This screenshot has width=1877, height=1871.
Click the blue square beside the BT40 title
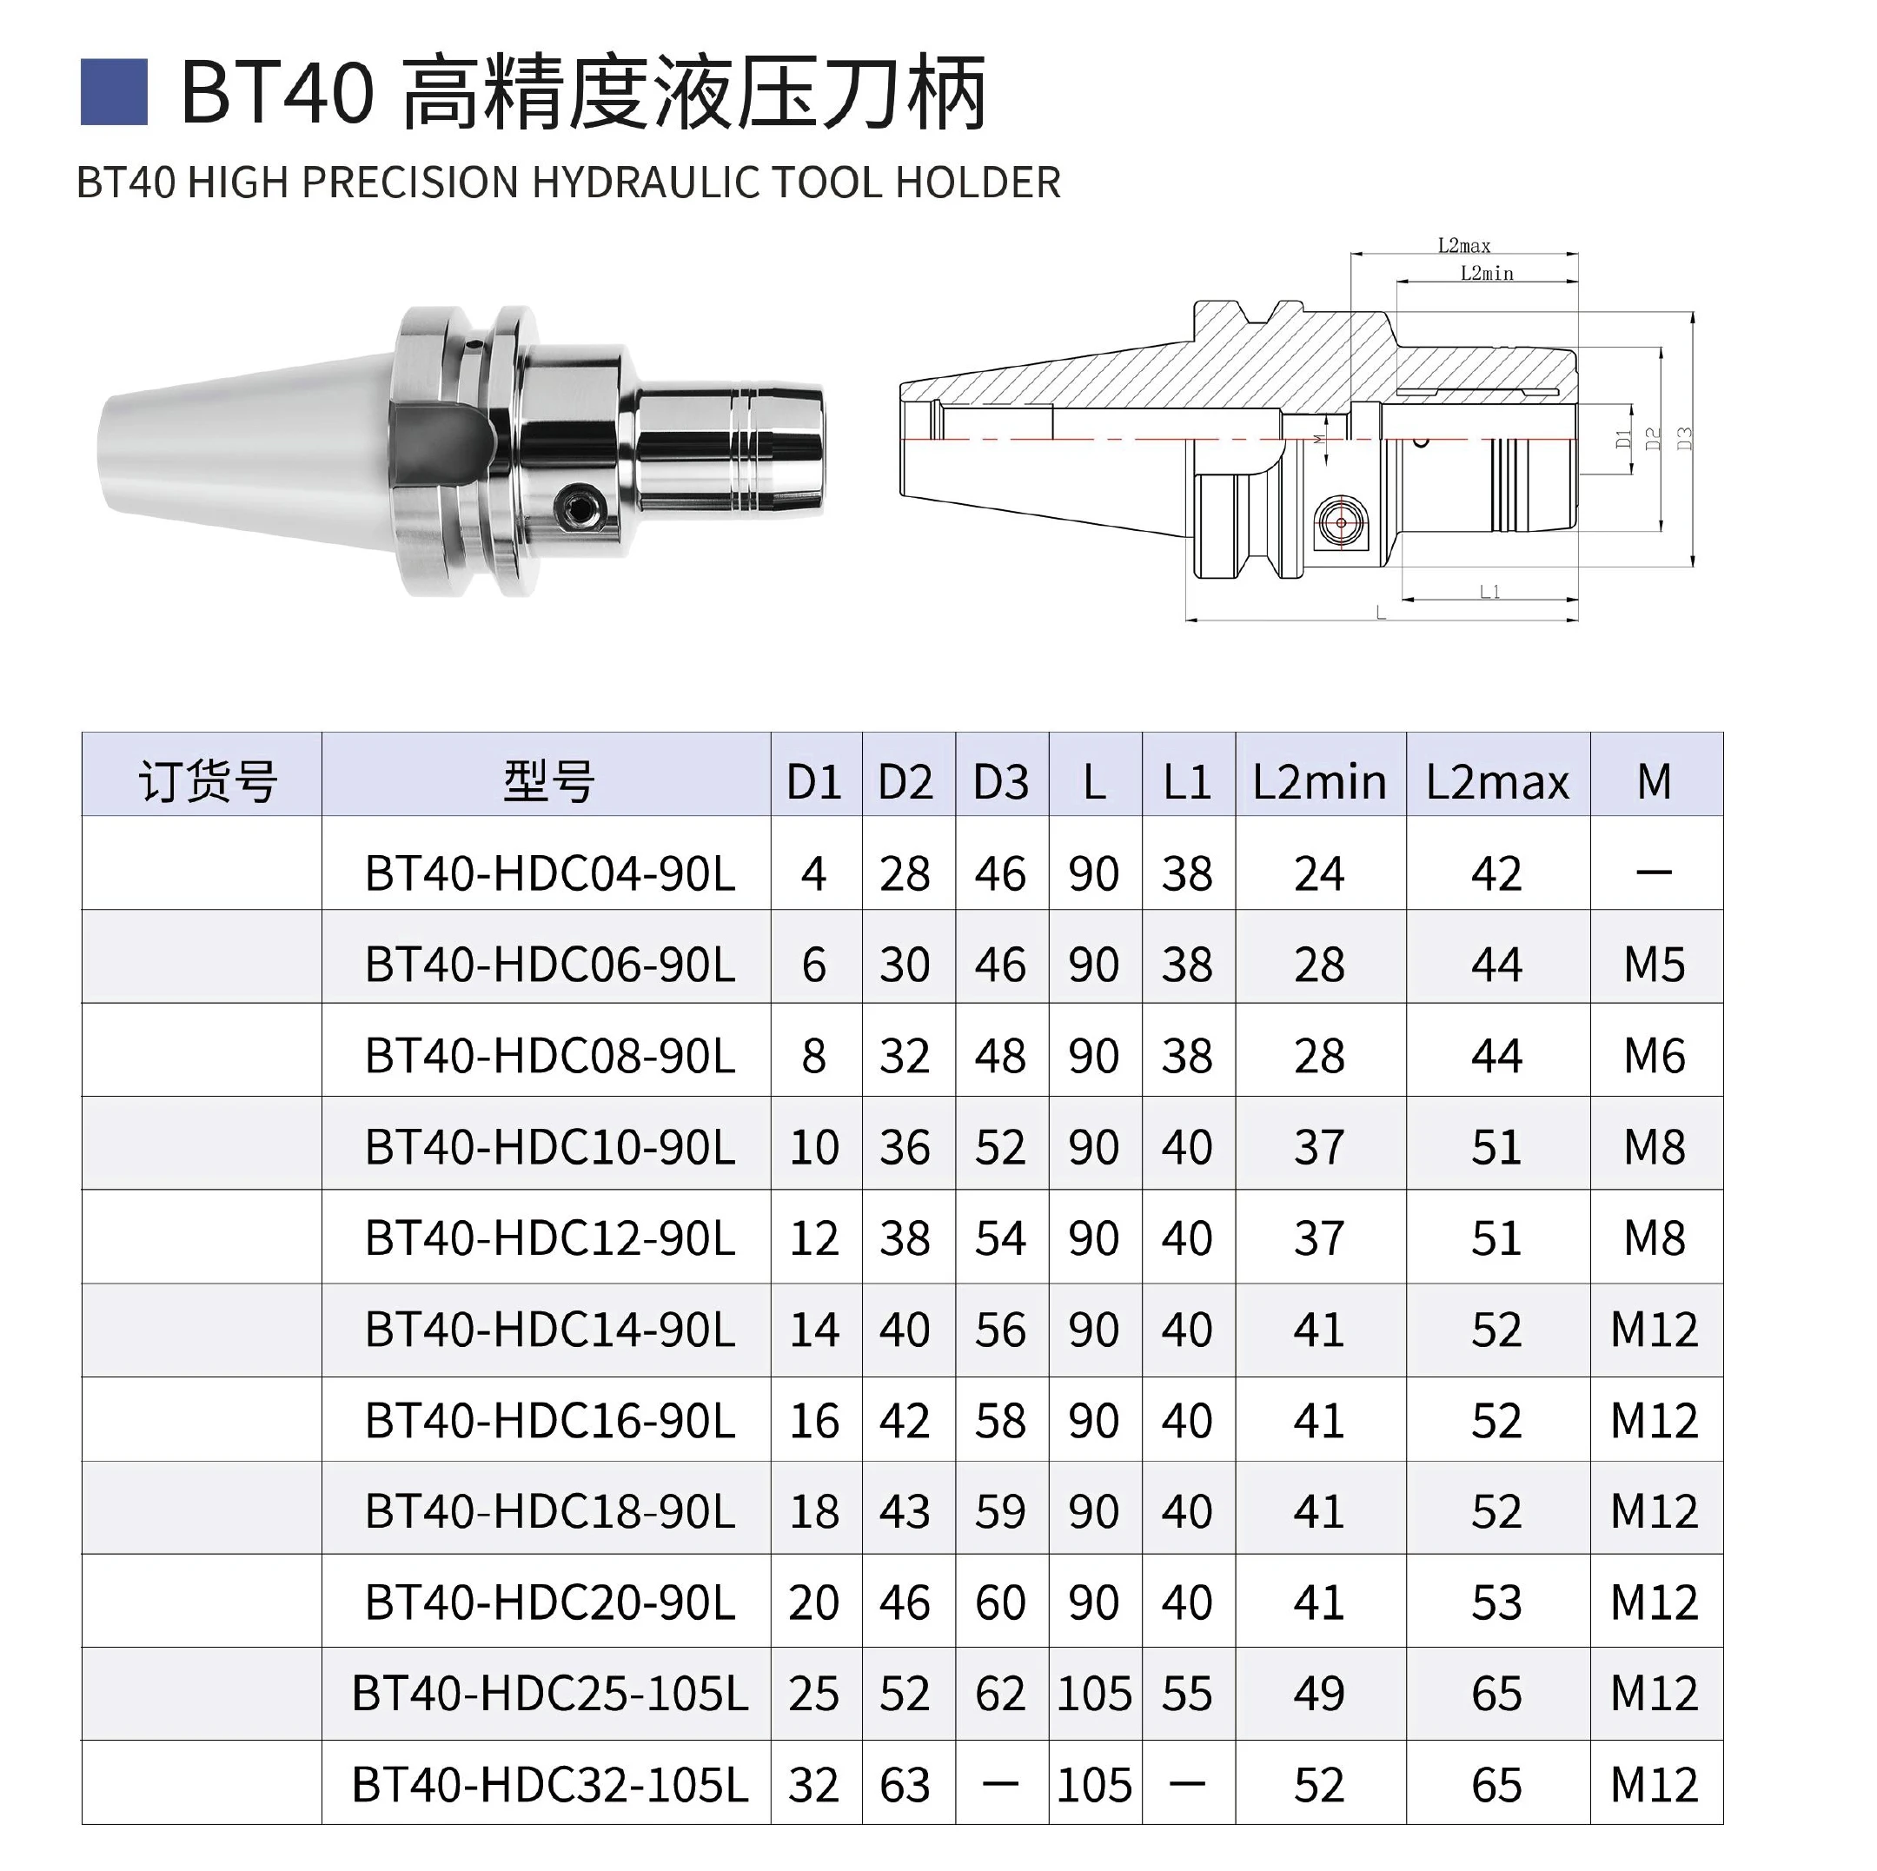[x=114, y=92]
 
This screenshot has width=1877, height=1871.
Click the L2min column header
[x=1318, y=782]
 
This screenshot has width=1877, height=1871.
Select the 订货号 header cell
[x=208, y=781]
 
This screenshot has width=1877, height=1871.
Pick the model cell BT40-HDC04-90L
[x=550, y=873]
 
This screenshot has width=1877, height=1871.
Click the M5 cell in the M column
[x=1655, y=965]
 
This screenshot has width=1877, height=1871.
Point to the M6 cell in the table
[x=1655, y=1056]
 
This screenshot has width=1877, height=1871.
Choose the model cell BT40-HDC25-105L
[x=550, y=1695]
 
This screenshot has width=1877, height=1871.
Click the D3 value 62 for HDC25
[x=1001, y=1695]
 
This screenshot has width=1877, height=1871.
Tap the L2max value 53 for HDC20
[x=1496, y=1602]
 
